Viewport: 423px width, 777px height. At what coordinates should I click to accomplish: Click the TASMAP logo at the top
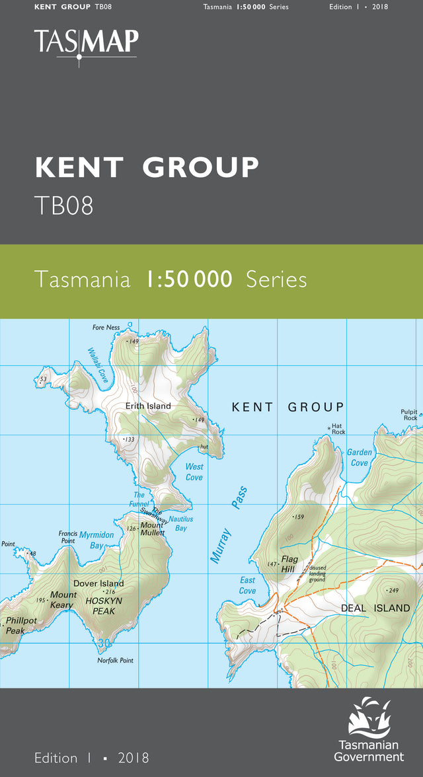click(x=86, y=44)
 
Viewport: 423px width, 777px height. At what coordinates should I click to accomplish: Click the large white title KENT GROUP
click(x=147, y=168)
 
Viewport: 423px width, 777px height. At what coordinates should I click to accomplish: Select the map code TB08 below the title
click(x=63, y=206)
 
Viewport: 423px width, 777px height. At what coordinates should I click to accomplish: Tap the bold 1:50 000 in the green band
click(x=189, y=279)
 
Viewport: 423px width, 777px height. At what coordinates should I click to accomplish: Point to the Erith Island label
click(x=148, y=406)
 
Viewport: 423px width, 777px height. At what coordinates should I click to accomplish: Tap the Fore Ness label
click(x=106, y=328)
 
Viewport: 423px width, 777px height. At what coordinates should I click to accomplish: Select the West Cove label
click(x=194, y=472)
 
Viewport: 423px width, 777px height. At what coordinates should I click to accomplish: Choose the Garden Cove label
click(x=360, y=457)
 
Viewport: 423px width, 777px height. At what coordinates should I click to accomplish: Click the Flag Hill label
click(x=289, y=564)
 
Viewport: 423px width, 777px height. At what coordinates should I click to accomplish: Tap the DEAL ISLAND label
click(x=375, y=608)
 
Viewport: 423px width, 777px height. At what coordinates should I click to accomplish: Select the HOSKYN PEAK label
click(x=100, y=607)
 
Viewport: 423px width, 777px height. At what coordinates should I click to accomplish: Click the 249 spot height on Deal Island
click(x=393, y=590)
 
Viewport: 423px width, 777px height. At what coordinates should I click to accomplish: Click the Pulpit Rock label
click(x=409, y=414)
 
